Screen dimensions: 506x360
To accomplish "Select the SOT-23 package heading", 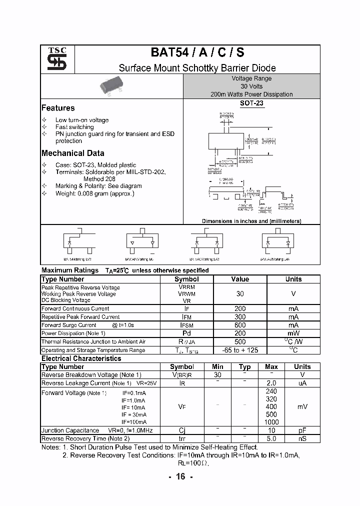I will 251,103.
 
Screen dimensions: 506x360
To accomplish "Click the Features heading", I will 58,108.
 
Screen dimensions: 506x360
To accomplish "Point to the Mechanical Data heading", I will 73,153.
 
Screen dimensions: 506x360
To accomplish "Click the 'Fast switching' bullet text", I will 74,127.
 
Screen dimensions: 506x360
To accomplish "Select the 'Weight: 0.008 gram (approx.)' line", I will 94,193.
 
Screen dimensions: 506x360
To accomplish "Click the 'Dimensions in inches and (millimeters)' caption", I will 251,221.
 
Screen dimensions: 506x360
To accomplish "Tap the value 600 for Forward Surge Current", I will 240,325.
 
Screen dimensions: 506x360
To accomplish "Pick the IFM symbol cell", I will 186,317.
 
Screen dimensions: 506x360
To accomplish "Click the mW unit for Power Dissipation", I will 293,333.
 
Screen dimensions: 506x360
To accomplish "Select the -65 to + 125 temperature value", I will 240,350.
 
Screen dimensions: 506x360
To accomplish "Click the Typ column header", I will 244,366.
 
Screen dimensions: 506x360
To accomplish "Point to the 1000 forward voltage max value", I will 271,422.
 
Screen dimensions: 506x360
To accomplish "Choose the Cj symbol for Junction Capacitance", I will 182,430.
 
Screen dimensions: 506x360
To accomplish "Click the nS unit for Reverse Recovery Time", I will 302,438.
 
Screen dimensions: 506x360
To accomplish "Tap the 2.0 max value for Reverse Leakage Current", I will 271,383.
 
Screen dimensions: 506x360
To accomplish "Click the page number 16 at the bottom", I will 180,476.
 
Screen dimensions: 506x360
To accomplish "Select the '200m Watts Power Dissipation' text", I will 251,94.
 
